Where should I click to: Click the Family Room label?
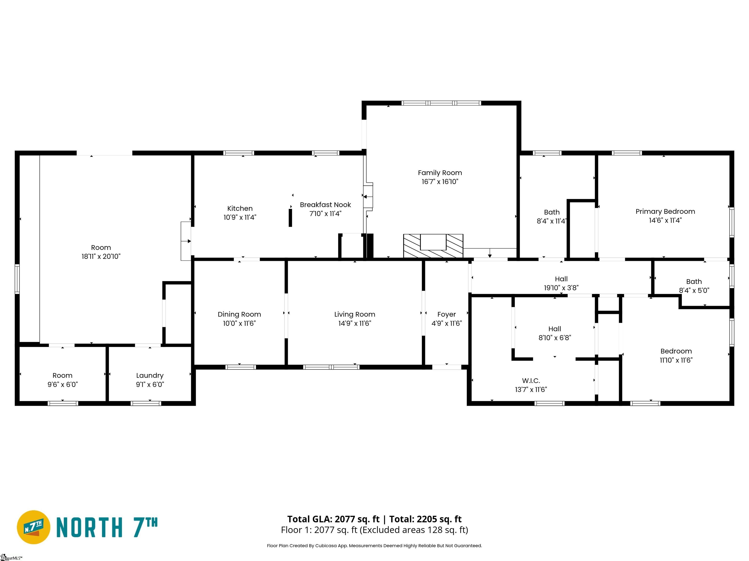440,173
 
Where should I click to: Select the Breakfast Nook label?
325,205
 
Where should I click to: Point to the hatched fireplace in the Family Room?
433,246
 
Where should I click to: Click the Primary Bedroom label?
665,212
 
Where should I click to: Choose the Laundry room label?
150,376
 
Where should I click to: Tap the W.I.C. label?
531,381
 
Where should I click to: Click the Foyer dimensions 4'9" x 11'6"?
447,323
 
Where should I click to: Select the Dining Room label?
239,315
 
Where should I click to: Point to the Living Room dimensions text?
355,323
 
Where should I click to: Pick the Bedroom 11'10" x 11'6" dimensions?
676,360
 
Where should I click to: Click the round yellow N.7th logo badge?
33,527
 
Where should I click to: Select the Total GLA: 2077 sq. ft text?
334,519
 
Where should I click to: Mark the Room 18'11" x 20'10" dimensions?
101,257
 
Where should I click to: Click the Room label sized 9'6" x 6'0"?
62,376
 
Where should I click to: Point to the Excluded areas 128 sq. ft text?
414,530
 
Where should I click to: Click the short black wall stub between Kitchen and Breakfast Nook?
290,218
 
